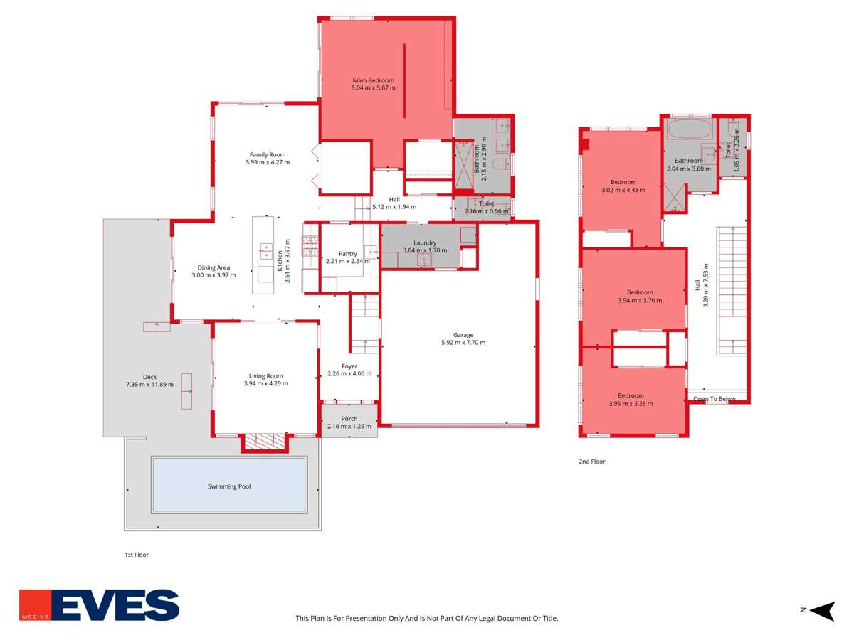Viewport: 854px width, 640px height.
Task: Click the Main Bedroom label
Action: [373, 80]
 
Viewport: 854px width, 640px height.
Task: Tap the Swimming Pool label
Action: [229, 486]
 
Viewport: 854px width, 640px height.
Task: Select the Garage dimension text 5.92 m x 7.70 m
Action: [463, 343]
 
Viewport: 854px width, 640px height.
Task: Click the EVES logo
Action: [100, 605]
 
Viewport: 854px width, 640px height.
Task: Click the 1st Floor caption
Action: [137, 555]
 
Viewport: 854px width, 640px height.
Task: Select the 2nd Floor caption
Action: [591, 462]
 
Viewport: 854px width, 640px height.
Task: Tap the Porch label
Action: [349, 419]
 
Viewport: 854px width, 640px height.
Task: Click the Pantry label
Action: [348, 253]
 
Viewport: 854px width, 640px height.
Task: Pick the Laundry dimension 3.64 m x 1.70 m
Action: [425, 250]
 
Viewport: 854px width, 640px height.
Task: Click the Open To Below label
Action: [715, 399]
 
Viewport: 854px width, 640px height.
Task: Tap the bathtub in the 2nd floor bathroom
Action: [688, 130]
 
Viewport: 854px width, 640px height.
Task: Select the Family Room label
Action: [267, 154]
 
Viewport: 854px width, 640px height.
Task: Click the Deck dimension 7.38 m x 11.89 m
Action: [149, 385]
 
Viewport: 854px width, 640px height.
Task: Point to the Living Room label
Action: [265, 376]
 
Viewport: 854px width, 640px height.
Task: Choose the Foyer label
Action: [349, 366]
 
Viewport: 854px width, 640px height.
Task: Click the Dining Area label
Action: [213, 267]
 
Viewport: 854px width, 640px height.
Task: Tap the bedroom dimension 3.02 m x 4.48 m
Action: [623, 190]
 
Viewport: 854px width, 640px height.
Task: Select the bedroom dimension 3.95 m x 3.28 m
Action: [631, 404]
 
